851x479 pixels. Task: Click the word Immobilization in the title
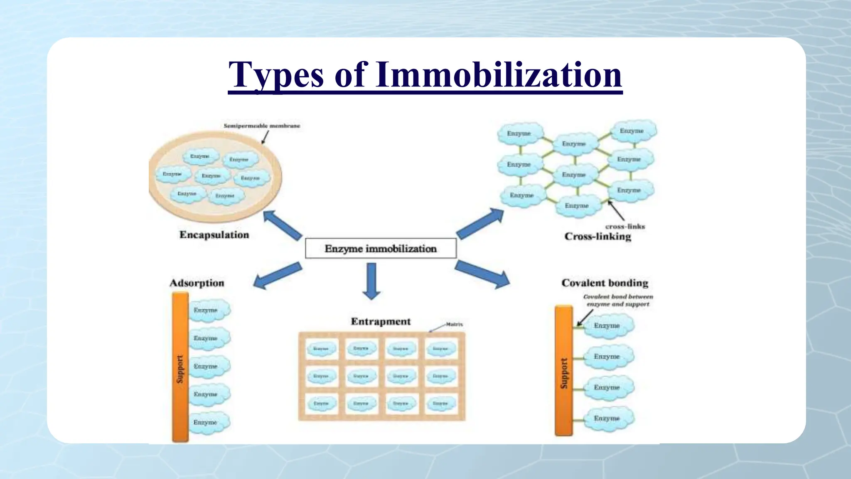(x=499, y=75)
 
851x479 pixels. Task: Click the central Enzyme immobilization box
(x=381, y=249)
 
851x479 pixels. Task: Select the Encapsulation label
(x=214, y=235)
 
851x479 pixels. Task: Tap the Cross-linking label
(x=598, y=237)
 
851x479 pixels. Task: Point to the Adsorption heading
(x=197, y=283)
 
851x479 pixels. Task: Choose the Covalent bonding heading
(x=605, y=283)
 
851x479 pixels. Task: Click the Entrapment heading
(x=381, y=321)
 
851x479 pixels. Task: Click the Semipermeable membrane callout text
(x=262, y=126)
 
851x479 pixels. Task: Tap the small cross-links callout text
(x=625, y=227)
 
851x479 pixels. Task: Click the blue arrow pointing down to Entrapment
(x=371, y=281)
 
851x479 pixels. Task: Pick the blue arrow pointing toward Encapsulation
(x=283, y=225)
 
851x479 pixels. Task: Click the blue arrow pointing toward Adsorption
(x=277, y=275)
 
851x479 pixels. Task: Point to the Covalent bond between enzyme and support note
(x=618, y=301)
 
